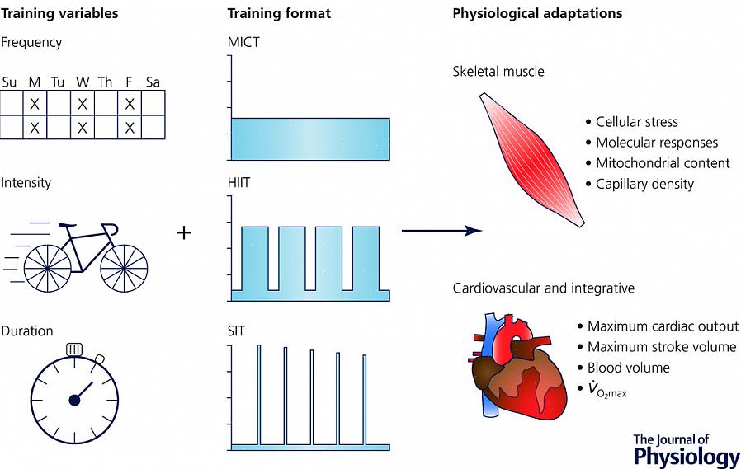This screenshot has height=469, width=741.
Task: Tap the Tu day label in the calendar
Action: [58, 82]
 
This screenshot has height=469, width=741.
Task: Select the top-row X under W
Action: [83, 104]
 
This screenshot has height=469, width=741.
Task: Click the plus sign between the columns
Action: [184, 232]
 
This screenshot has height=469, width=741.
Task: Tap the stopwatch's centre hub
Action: [74, 400]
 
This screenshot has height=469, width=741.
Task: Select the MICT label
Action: [243, 42]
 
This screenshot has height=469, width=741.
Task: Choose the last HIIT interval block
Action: [366, 258]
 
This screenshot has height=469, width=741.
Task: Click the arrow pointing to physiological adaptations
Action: [441, 231]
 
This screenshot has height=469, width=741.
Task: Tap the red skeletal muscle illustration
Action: [532, 158]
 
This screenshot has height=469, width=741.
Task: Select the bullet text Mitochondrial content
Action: [663, 163]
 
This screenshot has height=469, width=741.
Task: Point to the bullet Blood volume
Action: [628, 368]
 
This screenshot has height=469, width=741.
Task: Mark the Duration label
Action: [27, 331]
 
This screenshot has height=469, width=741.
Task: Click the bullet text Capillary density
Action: [644, 184]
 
